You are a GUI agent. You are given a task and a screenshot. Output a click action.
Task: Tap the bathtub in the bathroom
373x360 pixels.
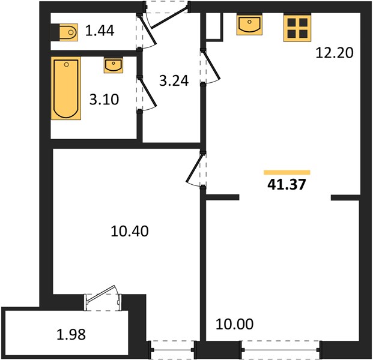(66, 88)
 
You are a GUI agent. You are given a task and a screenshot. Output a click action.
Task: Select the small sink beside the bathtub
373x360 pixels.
(114, 65)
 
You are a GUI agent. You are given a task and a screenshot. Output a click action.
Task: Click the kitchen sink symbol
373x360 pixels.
(249, 25)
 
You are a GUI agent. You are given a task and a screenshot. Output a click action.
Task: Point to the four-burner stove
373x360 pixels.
(297, 28)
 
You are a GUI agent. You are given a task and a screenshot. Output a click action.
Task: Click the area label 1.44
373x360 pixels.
(100, 31)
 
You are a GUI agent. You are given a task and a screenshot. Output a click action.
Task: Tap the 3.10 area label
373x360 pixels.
(104, 100)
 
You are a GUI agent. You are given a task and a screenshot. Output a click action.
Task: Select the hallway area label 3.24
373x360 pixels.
(174, 80)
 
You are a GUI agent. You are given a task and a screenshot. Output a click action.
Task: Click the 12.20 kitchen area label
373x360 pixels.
(335, 53)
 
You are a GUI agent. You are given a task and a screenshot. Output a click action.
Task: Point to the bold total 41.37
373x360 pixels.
(287, 184)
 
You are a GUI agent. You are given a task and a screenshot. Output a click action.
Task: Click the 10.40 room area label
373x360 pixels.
(130, 231)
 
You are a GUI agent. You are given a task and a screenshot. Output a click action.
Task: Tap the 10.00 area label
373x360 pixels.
(235, 324)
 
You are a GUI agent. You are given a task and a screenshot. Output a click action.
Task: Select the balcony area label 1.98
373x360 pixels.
(71, 335)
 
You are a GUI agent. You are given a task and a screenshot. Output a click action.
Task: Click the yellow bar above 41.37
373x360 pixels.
(287, 173)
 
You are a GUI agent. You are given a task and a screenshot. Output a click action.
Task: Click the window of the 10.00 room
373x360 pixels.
(281, 350)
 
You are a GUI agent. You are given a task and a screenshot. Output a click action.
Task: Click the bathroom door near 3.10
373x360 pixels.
(147, 94)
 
